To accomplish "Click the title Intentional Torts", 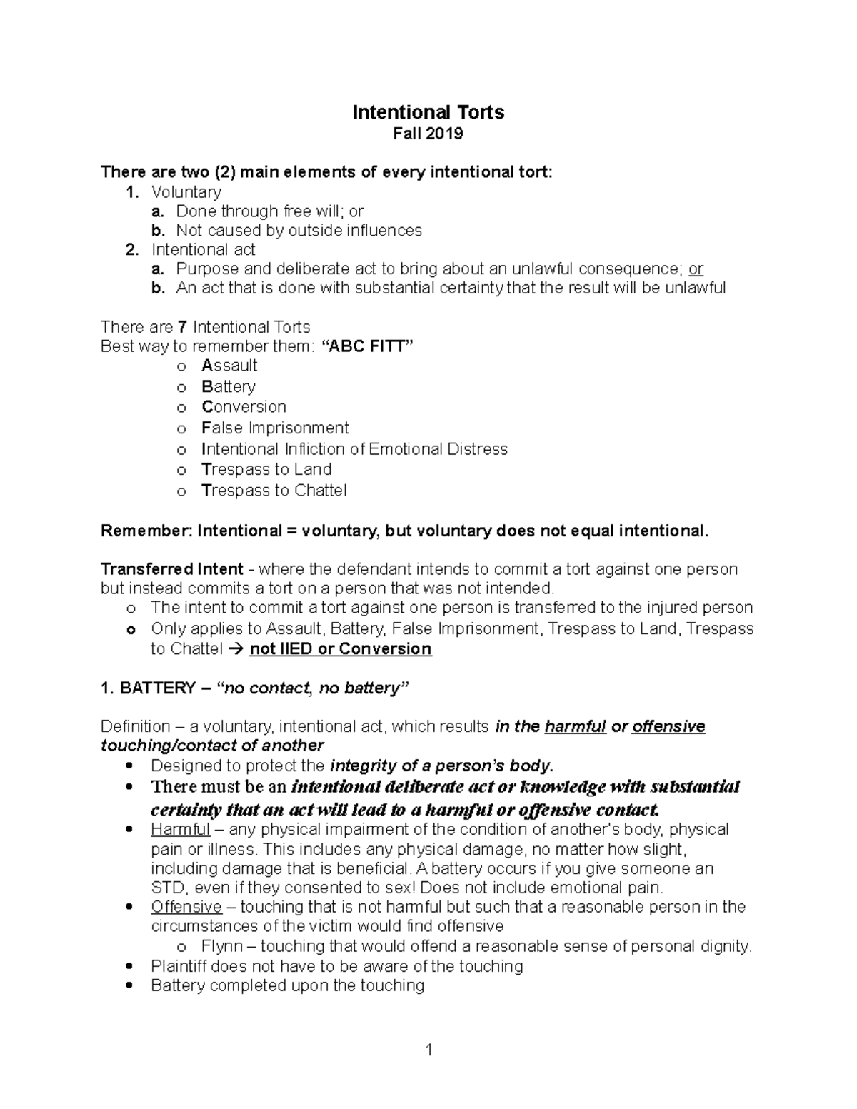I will [x=428, y=112].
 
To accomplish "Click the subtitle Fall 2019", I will [x=428, y=134].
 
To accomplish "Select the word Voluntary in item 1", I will [x=186, y=191].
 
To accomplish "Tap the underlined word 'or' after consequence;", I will [x=696, y=269].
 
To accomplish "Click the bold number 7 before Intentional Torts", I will [x=182, y=327].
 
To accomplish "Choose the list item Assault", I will [x=229, y=366].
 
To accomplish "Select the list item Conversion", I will [x=244, y=407].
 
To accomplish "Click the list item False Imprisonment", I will [x=275, y=428].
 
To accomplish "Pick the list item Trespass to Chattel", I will [x=274, y=491].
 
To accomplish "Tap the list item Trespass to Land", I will [x=266, y=469].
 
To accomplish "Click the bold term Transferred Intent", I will [x=172, y=569].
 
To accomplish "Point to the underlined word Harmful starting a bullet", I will [x=180, y=830].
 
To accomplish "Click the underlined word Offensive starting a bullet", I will [x=186, y=907].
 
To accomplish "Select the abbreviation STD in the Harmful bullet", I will [x=167, y=888].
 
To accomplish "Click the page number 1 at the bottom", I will [x=428, y=1049].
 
